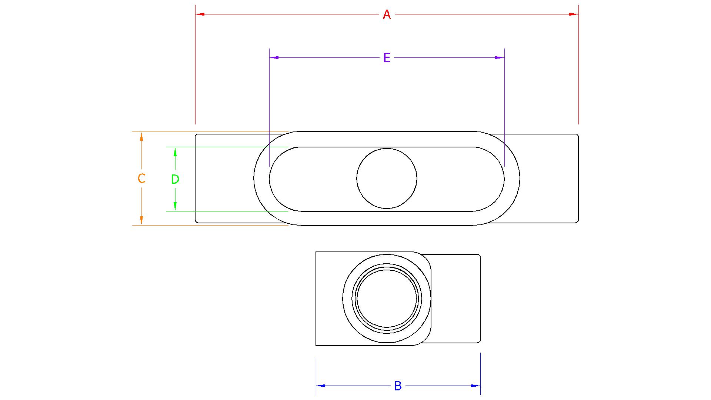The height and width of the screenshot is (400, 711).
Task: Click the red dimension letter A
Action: (387, 15)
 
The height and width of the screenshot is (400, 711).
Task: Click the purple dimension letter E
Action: (387, 58)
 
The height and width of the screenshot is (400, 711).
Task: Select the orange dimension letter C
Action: (141, 179)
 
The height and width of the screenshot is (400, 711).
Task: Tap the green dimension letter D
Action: (175, 179)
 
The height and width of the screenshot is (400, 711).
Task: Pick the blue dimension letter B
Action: (398, 386)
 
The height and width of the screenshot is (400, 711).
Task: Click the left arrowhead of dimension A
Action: (200, 14)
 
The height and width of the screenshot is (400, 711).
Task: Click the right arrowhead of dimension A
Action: (574, 14)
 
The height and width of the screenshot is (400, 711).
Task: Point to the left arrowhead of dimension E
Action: (274, 58)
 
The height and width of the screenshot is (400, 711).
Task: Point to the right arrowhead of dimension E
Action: (500, 58)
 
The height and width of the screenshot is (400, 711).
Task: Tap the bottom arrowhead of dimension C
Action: (141, 220)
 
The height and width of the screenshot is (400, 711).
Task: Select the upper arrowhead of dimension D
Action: (175, 152)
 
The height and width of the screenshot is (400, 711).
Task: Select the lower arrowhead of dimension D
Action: (175, 206)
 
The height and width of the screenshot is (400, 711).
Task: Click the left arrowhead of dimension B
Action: (321, 386)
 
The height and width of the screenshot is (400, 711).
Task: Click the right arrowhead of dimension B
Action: (476, 386)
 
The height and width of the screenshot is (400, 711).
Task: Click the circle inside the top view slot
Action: (387, 179)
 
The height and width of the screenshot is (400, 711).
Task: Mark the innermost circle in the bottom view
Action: (387, 299)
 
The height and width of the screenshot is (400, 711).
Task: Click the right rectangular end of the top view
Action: (548, 179)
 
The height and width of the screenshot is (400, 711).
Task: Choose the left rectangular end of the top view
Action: (224, 179)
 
